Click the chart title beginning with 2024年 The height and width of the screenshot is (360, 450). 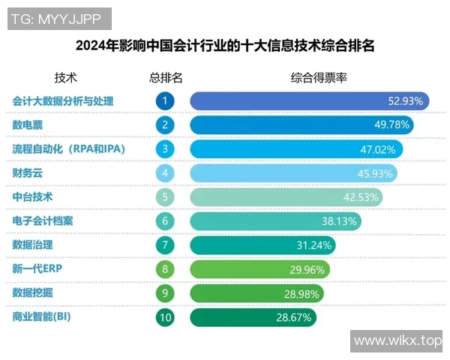(225, 46)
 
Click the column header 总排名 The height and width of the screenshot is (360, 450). (165, 77)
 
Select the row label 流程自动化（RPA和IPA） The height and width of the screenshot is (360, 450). (68, 148)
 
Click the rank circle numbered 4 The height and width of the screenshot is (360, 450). (165, 173)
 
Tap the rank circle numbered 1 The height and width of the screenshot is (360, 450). (165, 100)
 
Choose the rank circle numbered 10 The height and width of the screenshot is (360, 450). (165, 318)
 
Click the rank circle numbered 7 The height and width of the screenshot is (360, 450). (165, 245)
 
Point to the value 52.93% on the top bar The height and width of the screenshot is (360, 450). (406, 100)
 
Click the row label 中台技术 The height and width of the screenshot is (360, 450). (32, 196)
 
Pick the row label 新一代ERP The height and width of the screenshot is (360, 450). (36, 269)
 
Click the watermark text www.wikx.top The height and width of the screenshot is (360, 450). (397, 341)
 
